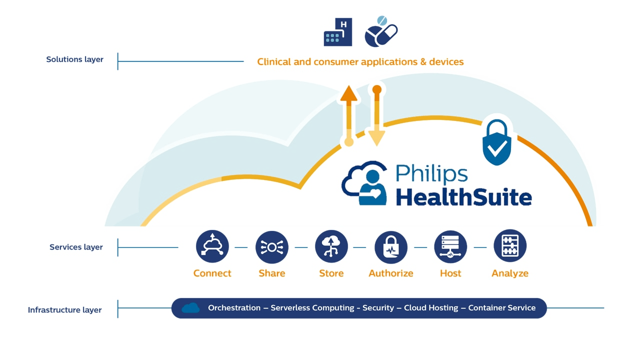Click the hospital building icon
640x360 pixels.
(338, 32)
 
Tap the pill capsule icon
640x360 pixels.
(381, 32)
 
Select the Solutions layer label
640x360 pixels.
(74, 59)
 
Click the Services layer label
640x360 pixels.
(76, 247)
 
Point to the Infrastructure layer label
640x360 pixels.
(64, 310)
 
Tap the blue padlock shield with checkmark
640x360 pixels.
(496, 142)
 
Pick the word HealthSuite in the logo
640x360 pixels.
(463, 196)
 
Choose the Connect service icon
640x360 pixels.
(212, 246)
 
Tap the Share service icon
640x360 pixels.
(272, 246)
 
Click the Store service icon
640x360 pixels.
(331, 246)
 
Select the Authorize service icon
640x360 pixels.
(391, 246)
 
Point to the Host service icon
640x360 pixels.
(450, 246)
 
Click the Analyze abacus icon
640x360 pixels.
(510, 246)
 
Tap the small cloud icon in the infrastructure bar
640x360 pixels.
(190, 308)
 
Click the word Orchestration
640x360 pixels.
(234, 308)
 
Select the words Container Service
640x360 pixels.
(501, 308)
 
